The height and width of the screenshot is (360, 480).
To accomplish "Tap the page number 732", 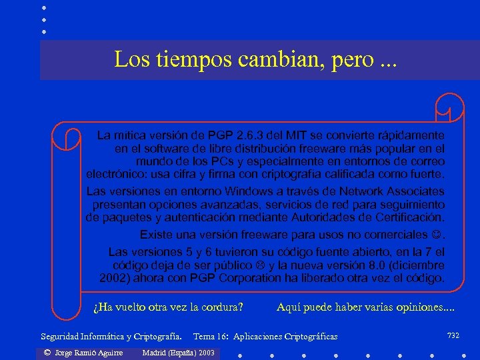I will tap(453, 335).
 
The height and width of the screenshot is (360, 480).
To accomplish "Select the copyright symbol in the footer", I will tap(47, 352).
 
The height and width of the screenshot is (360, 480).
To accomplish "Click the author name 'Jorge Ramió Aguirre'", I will tap(84, 352).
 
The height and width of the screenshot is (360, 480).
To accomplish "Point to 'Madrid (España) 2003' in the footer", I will tap(179, 352).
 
